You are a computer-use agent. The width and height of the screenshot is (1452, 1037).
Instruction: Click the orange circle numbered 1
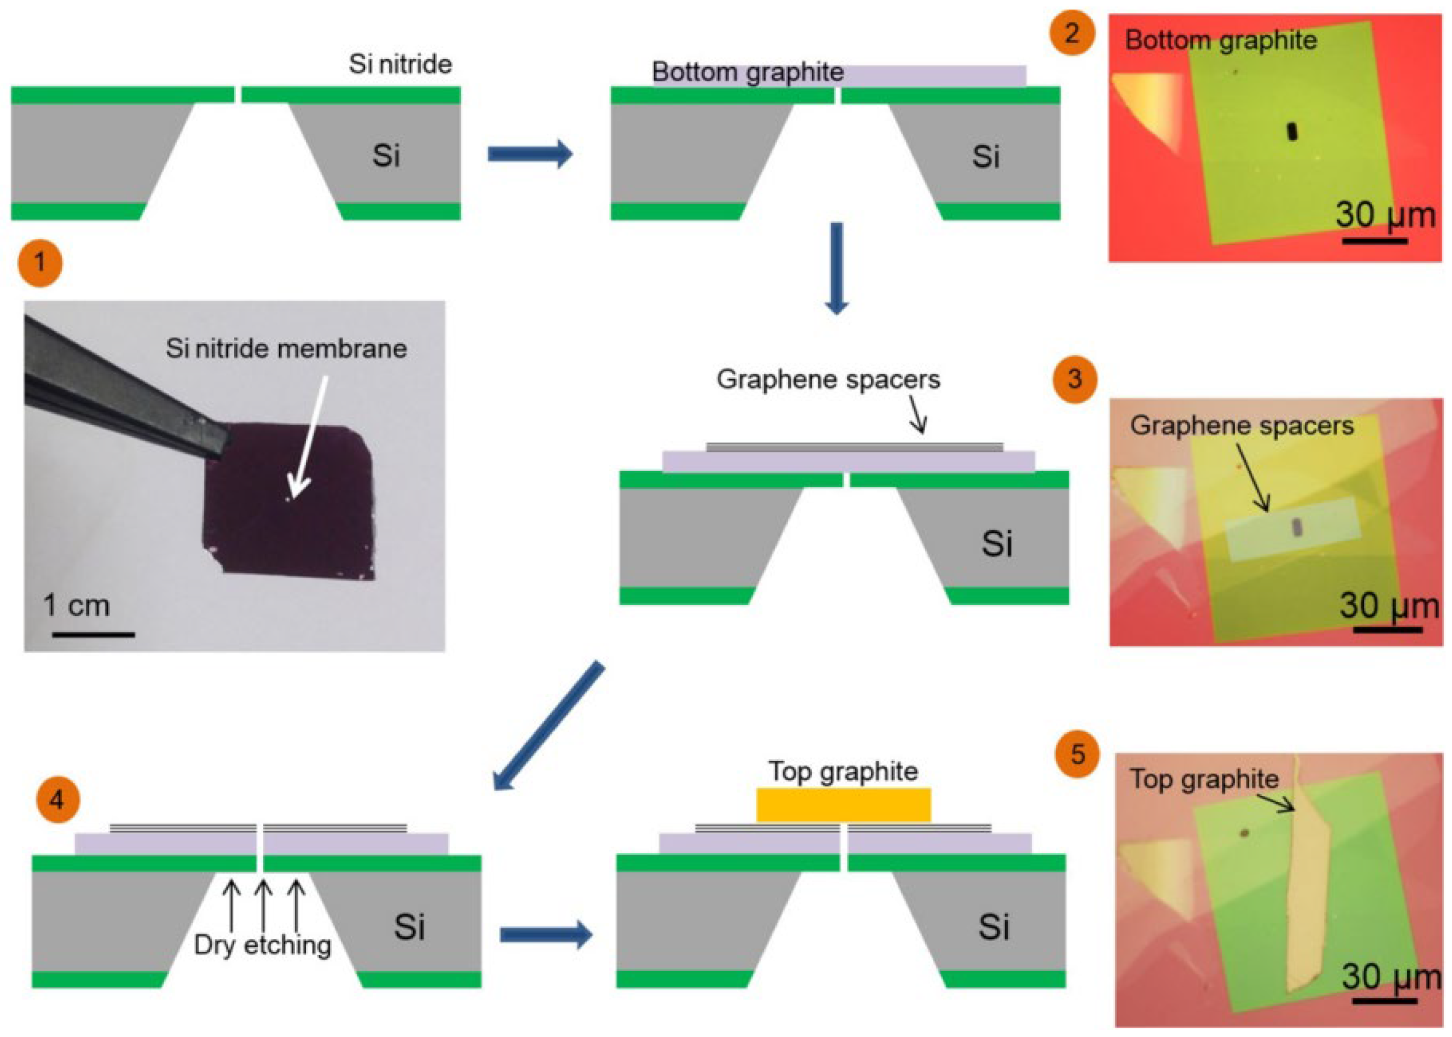point(40,262)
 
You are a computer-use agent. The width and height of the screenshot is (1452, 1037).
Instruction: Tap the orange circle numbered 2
point(1071,32)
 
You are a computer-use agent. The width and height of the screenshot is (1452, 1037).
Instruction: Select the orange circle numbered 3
point(1074,380)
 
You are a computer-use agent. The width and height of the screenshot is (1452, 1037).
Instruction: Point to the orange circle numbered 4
point(57,799)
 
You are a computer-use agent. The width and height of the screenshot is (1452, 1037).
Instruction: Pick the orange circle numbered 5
point(1077,754)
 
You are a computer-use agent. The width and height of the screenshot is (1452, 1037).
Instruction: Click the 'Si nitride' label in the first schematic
point(400,64)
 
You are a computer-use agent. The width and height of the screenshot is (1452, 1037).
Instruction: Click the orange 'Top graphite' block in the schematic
point(843,805)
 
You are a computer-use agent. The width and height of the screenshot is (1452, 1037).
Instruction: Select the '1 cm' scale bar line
point(93,634)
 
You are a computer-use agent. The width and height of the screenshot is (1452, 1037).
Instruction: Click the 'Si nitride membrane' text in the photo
point(286,349)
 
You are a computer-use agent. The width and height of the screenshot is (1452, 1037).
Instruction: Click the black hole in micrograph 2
point(1291,131)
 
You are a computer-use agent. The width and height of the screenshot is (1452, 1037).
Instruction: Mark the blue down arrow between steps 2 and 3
point(836,269)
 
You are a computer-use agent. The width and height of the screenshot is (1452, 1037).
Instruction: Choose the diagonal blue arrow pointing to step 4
point(550,725)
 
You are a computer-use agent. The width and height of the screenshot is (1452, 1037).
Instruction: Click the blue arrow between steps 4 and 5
point(546,935)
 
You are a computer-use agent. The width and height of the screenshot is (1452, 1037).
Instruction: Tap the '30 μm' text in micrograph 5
point(1391,976)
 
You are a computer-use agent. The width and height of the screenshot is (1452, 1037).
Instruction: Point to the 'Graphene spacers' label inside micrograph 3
point(1241,426)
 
